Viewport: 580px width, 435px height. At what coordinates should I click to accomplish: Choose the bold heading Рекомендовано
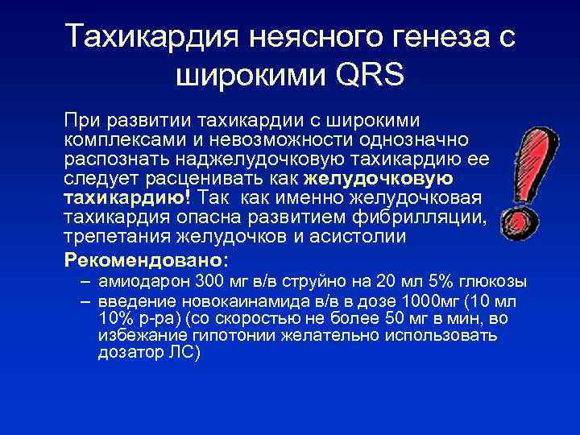click(x=146, y=260)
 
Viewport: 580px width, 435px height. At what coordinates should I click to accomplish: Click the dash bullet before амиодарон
click(x=85, y=282)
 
